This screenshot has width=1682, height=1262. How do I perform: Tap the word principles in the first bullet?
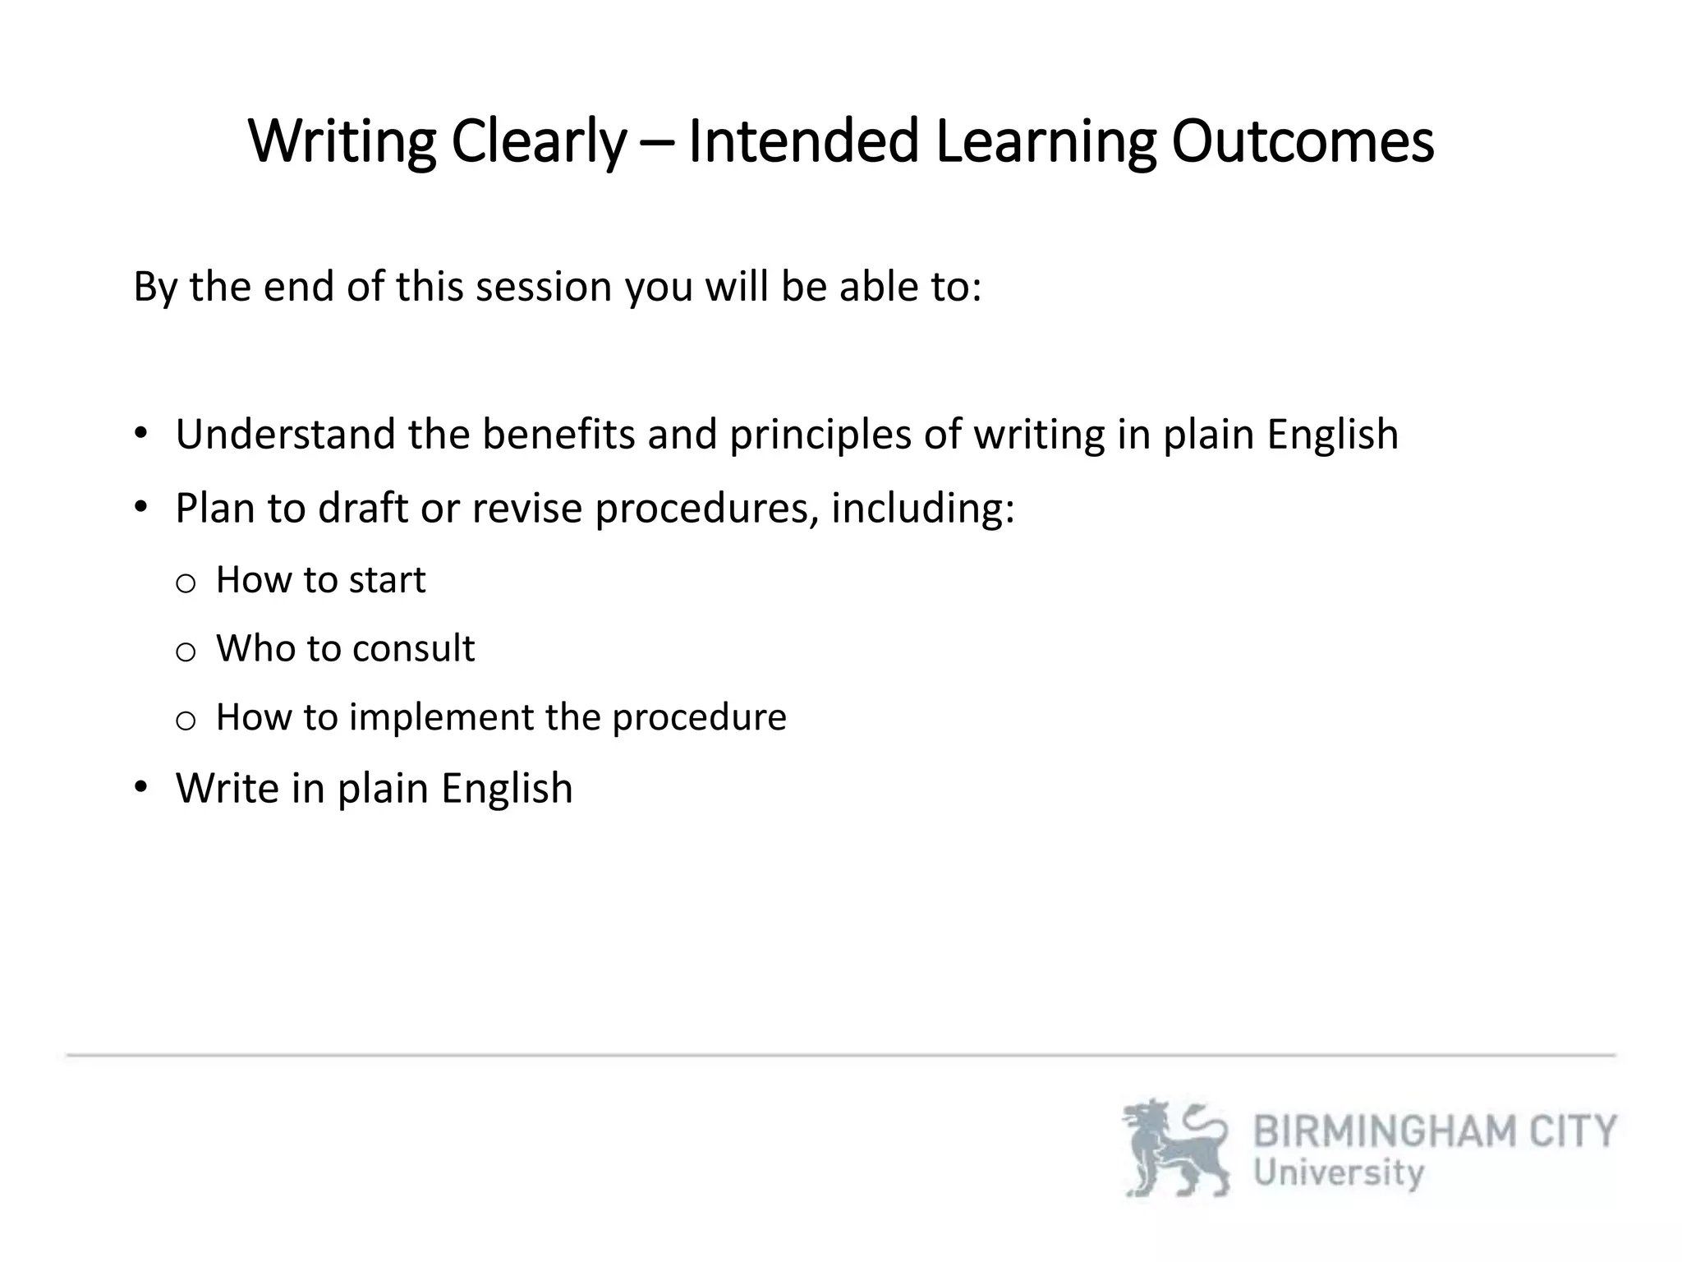(x=820, y=435)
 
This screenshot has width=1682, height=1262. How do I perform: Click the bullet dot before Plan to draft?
(x=141, y=506)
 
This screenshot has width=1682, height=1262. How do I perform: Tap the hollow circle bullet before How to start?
(x=186, y=583)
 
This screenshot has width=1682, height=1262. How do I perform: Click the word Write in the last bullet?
(x=227, y=788)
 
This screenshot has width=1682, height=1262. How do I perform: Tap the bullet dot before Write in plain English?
(x=141, y=787)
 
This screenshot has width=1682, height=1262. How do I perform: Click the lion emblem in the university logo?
(x=1175, y=1149)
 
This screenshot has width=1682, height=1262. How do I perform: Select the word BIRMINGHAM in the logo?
(x=1386, y=1132)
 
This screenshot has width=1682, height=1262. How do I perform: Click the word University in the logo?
(x=1339, y=1173)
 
